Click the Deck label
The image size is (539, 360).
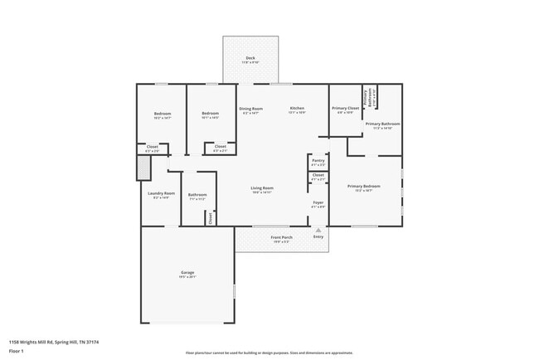250,57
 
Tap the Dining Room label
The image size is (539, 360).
250,109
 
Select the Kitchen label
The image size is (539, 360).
297,109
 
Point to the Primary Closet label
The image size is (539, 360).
345,109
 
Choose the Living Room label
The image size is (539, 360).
262,187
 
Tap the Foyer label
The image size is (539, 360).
318,202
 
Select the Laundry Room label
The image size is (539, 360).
162,193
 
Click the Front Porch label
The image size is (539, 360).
281,237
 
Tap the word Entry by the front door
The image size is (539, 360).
318,237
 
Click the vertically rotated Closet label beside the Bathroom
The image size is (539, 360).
211,217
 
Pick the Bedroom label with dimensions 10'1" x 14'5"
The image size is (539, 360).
210,114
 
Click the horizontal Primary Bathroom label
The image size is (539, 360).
382,124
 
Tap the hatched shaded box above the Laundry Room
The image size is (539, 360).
144,168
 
